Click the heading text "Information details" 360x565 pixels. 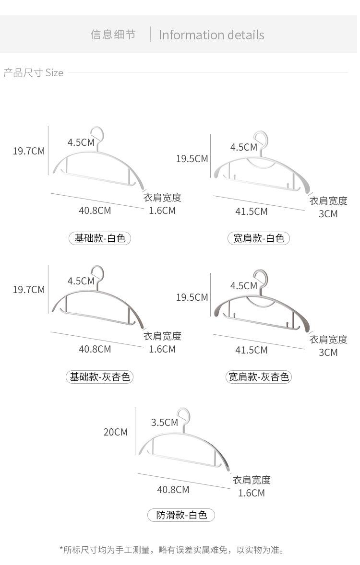point(211,35)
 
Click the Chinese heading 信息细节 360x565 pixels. point(113,35)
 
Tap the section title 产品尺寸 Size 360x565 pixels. point(33,73)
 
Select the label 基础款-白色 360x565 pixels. point(99,238)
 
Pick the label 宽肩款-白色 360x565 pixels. point(259,238)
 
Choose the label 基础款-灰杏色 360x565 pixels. point(99,377)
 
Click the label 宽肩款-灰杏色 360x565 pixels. point(259,377)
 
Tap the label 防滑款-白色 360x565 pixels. point(181,515)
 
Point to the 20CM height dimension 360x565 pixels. point(115,432)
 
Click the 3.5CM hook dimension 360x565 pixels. point(165,423)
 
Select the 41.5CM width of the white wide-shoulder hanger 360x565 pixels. point(252,212)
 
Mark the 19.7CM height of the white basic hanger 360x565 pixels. point(29,151)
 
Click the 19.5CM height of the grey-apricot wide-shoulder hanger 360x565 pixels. point(192,298)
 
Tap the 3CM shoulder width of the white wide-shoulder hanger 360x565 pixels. point(328,214)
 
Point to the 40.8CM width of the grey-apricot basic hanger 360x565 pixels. point(95,349)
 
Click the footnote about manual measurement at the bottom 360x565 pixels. point(172,550)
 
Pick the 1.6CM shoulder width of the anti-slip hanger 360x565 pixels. point(252,493)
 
